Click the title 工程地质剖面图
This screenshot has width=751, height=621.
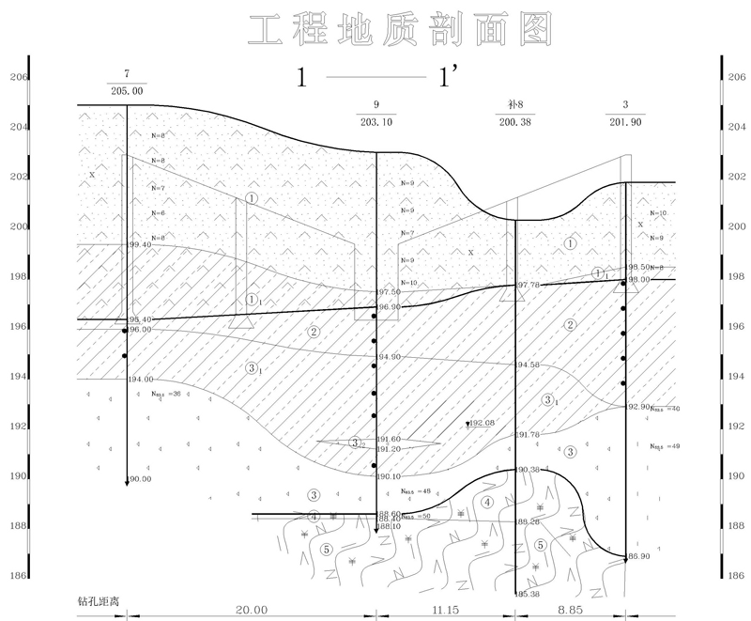coord(399,30)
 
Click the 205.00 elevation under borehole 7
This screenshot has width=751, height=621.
coord(127,91)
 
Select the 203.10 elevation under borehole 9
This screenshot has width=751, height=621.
coord(375,121)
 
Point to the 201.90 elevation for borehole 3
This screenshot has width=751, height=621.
coord(625,121)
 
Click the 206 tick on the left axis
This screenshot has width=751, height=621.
coord(16,78)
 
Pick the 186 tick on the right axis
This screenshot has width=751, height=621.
coord(735,576)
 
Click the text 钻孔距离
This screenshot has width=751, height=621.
coord(100,598)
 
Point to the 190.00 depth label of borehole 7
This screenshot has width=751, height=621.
coord(139,479)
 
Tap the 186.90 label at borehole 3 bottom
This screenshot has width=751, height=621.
coord(638,557)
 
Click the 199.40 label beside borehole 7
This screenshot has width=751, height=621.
coord(137,244)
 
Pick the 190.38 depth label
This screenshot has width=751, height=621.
coord(529,470)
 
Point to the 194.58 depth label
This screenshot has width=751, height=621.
coord(529,365)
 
